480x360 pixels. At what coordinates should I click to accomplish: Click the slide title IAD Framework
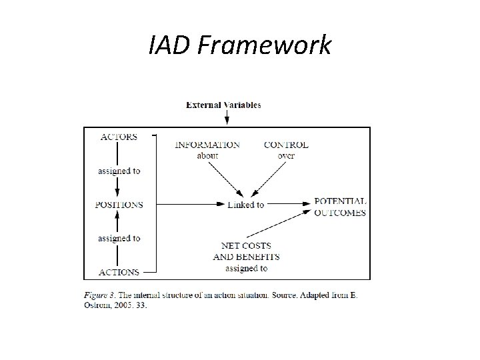tap(239, 46)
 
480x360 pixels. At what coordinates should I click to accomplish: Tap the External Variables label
tap(223, 105)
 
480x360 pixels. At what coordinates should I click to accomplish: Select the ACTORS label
tap(119, 137)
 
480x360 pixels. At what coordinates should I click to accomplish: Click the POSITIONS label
tap(119, 205)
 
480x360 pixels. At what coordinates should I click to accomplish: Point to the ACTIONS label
tap(119, 272)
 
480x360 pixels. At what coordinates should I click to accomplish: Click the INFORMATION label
tap(207, 145)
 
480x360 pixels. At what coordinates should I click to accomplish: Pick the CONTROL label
tap(286, 145)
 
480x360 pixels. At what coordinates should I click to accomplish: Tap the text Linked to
tap(245, 205)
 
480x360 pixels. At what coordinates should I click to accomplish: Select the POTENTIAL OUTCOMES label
tap(339, 207)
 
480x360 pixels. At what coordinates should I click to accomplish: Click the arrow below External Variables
tap(227, 117)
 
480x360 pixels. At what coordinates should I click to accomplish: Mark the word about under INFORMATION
tap(207, 155)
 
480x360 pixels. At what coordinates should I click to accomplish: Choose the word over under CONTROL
tap(286, 155)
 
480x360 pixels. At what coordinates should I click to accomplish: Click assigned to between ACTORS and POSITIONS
tap(119, 171)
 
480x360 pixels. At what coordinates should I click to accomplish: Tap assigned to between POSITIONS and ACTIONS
tap(119, 238)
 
